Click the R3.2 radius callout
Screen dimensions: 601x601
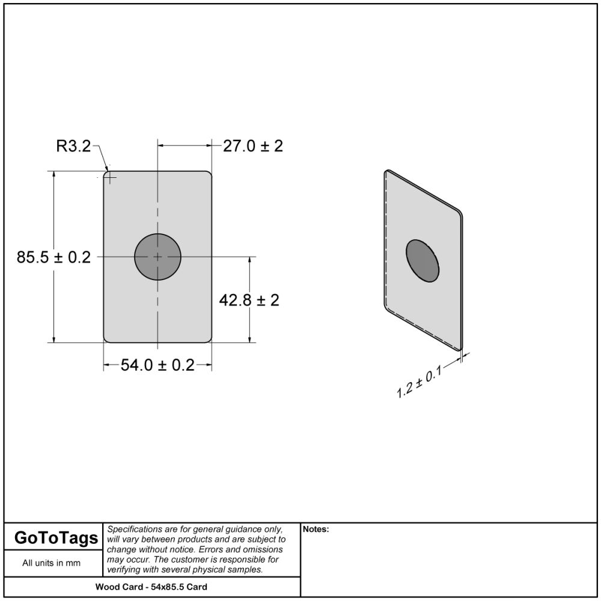click(73, 145)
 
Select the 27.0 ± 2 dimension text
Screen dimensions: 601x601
click(252, 146)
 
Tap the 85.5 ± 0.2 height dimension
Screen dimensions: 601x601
click(53, 257)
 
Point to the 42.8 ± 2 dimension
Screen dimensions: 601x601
click(249, 300)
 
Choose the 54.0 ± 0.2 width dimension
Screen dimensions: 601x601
click(157, 365)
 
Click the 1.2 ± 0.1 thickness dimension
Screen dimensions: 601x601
click(419, 383)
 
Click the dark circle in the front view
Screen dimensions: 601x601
click(157, 257)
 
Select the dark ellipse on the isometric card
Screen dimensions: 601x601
click(423, 260)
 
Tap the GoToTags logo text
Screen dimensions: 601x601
click(55, 538)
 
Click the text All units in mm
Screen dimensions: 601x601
click(51, 563)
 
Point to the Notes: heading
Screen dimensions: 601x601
click(316, 529)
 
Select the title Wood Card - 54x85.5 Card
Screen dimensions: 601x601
click(151, 587)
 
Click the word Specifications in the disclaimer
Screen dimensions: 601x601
click(134, 529)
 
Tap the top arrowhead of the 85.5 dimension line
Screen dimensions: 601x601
click(54, 175)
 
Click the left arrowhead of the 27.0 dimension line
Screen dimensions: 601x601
click(161, 145)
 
